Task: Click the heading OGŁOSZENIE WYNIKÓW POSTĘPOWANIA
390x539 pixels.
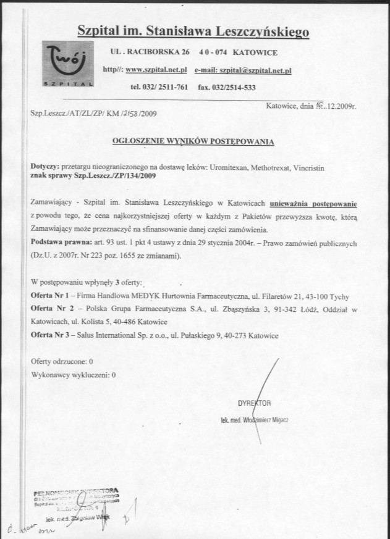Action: pyautogui.click(x=193, y=141)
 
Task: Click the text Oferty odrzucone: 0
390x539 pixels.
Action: pyautogui.click(x=62, y=361)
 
